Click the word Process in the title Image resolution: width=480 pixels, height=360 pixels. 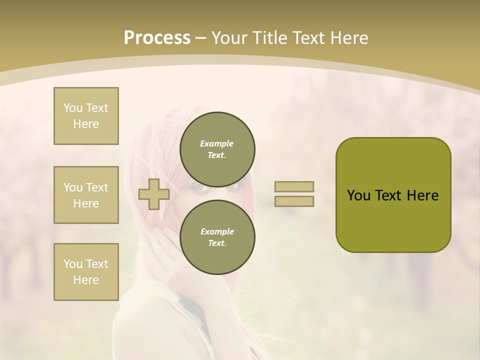click(157, 37)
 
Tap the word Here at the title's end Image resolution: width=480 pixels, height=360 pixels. click(348, 37)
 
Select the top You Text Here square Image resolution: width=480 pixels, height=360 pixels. click(86, 116)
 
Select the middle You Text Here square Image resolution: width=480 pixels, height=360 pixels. click(86, 195)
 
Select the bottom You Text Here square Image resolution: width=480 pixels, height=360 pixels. click(86, 272)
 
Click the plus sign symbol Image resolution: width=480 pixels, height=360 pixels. click(154, 194)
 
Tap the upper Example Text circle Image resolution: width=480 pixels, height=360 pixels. click(217, 149)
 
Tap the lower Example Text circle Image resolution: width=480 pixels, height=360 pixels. click(217, 237)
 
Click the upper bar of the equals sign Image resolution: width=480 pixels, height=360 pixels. click(294, 187)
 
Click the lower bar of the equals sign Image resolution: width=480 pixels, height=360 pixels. click(294, 201)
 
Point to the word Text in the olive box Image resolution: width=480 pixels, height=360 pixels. click(387, 195)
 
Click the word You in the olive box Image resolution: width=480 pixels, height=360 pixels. click(358, 195)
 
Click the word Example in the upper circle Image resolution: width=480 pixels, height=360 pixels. click(216, 143)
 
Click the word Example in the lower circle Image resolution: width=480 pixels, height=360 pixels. click(216, 231)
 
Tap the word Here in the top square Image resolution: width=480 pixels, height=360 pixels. click(86, 124)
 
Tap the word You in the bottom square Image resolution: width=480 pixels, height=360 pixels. click(72, 264)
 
